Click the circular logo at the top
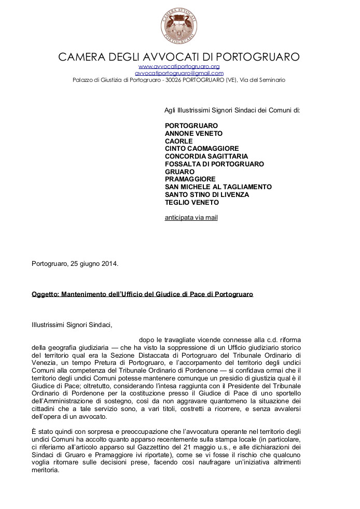(x=179, y=26)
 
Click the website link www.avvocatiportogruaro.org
(x=179, y=67)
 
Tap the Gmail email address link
(x=179, y=74)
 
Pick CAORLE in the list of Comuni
(x=178, y=141)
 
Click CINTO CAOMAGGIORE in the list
(x=202, y=148)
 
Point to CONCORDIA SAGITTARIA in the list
(x=206, y=156)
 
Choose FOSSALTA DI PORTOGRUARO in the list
(x=214, y=164)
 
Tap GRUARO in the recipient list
(x=179, y=172)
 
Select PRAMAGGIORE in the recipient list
(x=190, y=179)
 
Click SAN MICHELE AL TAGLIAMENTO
(x=218, y=187)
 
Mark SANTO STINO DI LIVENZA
(x=207, y=194)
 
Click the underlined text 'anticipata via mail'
(x=191, y=217)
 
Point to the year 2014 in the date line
(x=110, y=263)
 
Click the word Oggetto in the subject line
(x=45, y=294)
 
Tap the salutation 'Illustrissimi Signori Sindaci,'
(x=72, y=325)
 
